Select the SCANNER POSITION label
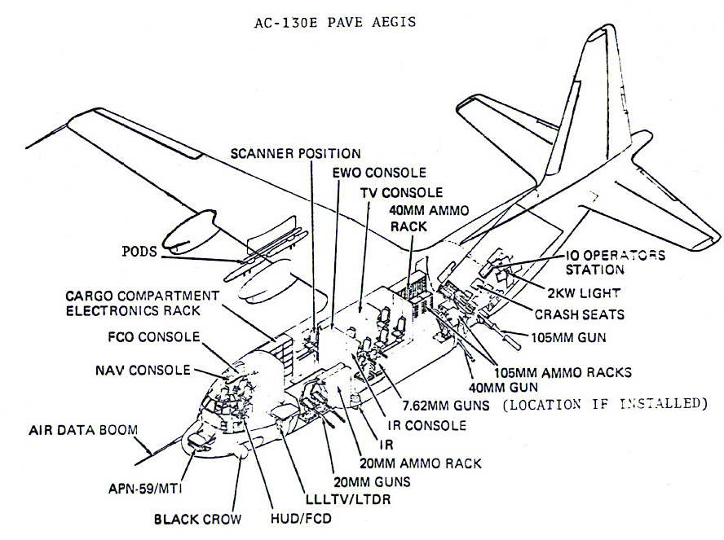tap(295, 152)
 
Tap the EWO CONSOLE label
tap(379, 173)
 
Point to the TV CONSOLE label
tap(402, 192)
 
